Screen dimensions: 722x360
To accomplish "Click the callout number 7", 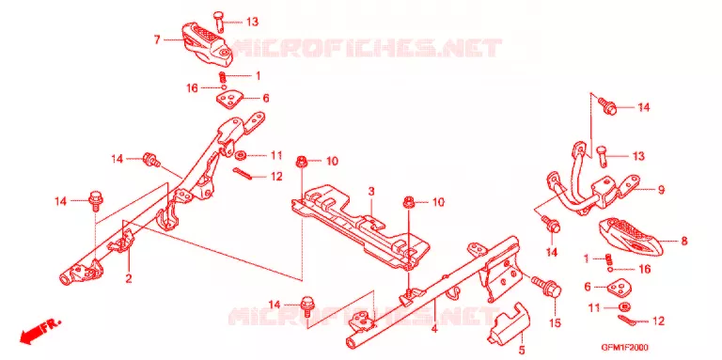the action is [157, 40].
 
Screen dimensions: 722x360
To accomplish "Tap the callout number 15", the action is [556, 323].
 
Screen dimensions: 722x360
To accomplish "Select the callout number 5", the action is [521, 351].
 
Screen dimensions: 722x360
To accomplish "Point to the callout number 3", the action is [371, 190].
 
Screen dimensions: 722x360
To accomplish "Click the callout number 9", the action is [661, 190].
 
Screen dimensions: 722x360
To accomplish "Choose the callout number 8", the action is [684, 241].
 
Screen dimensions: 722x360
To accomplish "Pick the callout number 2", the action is [129, 278].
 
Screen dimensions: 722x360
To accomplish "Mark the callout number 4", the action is [434, 328].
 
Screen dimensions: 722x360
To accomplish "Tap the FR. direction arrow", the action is [39, 331].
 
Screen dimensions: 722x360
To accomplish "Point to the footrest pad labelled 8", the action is [631, 236].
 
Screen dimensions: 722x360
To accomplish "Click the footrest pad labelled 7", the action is [206, 43].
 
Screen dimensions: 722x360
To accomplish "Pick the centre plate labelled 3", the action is [361, 226].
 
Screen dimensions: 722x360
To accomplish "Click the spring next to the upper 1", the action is [222, 76].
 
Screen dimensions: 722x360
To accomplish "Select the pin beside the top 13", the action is [218, 22].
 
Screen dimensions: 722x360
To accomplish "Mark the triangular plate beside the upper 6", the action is [229, 99].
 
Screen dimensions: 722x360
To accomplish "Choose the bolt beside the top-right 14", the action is [608, 105].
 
